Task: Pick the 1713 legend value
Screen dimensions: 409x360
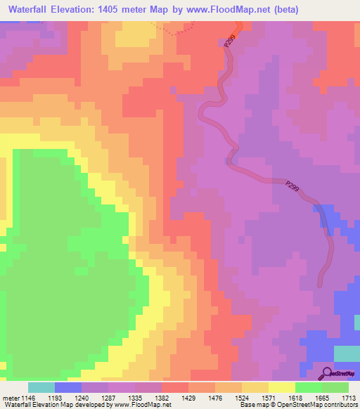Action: click(x=349, y=397)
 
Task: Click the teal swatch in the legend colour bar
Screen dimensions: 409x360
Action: click(x=41, y=387)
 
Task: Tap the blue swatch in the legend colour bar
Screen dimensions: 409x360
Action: click(x=67, y=387)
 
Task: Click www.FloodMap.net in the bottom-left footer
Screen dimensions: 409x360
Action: click(x=143, y=405)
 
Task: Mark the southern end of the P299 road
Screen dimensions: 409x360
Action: click(x=321, y=285)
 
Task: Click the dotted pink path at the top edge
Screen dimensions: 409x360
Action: click(x=180, y=31)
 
